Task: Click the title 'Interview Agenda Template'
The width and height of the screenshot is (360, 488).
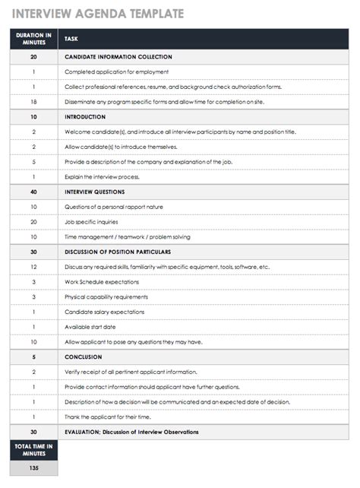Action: click(x=97, y=12)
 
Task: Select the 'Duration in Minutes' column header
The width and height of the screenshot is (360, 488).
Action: click(x=33, y=38)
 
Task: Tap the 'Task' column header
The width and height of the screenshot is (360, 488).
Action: click(x=71, y=39)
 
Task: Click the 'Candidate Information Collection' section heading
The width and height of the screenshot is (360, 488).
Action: click(x=118, y=57)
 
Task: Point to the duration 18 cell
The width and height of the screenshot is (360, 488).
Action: click(x=33, y=102)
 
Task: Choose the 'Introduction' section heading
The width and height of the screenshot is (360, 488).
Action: click(x=85, y=117)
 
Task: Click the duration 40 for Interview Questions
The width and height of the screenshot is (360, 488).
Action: click(x=33, y=192)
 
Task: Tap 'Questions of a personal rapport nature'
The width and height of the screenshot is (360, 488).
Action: click(x=114, y=207)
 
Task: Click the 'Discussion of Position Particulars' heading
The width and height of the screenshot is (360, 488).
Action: click(x=118, y=252)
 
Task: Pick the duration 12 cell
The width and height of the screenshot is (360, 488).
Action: click(x=33, y=267)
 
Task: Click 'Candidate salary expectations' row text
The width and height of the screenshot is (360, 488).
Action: click(x=106, y=312)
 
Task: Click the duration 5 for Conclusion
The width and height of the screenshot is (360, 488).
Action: click(x=33, y=356)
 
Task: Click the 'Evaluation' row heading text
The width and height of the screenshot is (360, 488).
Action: click(x=131, y=432)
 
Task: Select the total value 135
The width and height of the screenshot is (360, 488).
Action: click(x=33, y=468)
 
